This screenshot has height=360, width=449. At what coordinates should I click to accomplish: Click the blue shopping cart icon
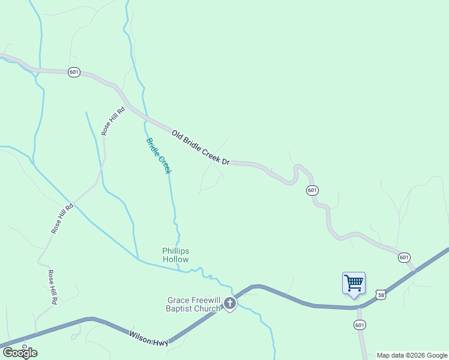point(354,283)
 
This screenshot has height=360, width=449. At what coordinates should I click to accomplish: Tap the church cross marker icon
point(231,304)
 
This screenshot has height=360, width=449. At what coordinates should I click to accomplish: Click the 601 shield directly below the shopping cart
point(360,325)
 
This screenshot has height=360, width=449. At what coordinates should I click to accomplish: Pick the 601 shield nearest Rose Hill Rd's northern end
point(74,72)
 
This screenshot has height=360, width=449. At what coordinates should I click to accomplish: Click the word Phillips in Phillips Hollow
point(175,251)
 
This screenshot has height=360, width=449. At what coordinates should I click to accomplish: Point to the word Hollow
point(175,260)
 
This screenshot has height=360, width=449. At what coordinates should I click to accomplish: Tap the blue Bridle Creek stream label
point(159,156)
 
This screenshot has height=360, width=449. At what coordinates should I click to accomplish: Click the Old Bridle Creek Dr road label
point(200,148)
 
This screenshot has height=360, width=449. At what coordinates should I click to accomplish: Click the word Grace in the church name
point(178,300)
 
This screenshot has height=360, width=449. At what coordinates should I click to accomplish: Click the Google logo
point(19,353)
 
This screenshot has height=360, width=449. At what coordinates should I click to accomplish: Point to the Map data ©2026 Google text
point(412,355)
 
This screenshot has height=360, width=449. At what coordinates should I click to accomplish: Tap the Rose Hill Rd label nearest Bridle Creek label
point(113,121)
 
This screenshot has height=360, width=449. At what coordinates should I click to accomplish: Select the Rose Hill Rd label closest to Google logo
point(52,287)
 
